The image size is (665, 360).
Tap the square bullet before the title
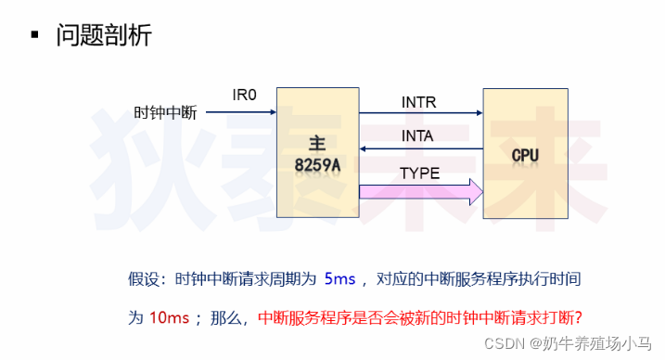point(34,36)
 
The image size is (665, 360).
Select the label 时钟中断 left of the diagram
point(166,113)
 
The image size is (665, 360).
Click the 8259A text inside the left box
point(318,165)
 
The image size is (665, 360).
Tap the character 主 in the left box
point(318,145)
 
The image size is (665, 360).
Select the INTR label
point(419,101)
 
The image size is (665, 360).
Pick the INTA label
point(419,135)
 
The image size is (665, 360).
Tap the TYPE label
point(420,173)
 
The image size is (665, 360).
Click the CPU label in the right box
point(524,154)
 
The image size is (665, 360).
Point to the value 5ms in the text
point(339,278)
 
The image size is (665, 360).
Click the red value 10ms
point(170,316)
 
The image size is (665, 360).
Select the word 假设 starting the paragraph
point(144,278)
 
